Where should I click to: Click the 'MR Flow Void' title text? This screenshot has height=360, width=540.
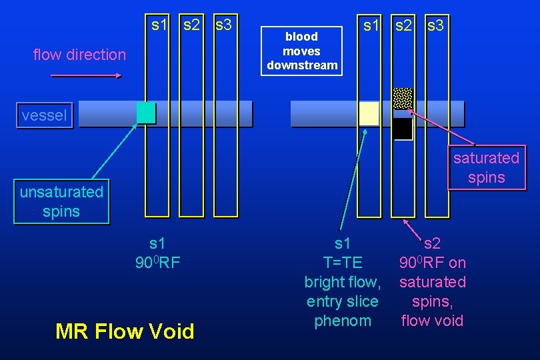(125, 331)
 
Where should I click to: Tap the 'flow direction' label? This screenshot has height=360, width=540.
(79, 55)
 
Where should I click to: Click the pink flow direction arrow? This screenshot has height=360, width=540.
(86, 76)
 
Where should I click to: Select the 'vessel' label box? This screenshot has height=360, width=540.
(44, 116)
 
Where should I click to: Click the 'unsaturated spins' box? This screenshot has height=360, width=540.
(61, 202)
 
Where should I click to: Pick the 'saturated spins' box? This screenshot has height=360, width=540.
(486, 168)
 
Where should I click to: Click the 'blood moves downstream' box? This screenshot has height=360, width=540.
(302, 51)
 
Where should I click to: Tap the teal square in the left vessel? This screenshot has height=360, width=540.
(146, 113)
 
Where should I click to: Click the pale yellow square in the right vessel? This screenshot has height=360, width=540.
(369, 113)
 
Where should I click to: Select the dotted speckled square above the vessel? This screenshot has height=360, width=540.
(403, 98)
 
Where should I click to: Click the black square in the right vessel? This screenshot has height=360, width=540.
(402, 129)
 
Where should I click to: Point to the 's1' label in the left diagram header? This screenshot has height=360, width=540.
(159, 25)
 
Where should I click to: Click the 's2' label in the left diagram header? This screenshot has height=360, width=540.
(191, 25)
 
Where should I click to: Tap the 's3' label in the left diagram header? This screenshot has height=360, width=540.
(223, 25)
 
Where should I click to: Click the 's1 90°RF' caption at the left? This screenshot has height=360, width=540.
(157, 253)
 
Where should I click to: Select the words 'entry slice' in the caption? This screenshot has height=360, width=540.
(342, 301)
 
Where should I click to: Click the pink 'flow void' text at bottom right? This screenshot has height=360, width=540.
(432, 321)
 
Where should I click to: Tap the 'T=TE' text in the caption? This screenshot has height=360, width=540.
(342, 263)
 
